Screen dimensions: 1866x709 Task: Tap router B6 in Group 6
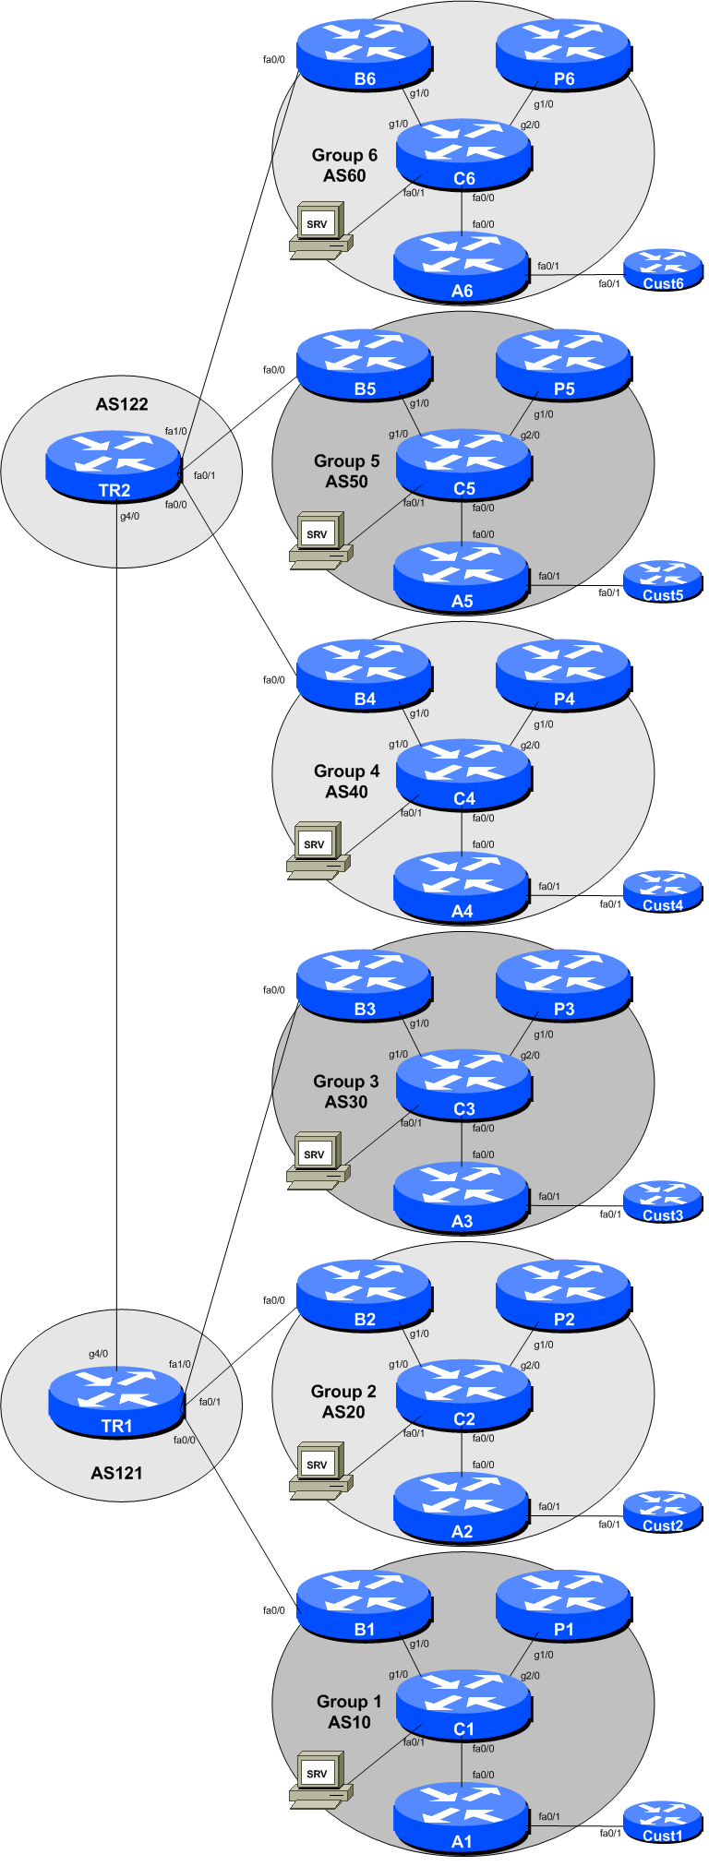[x=364, y=55]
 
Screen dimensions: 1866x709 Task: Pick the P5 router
[x=563, y=365]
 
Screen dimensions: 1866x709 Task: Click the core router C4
[x=463, y=775]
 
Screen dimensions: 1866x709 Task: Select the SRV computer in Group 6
[x=319, y=230]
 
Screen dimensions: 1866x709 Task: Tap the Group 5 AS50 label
[x=346, y=471]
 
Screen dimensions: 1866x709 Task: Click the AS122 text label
[x=122, y=404]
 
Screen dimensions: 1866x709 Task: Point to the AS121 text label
[x=116, y=1473]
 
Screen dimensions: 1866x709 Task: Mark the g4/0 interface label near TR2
[x=129, y=517]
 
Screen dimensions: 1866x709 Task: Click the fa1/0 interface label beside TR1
[x=179, y=1364]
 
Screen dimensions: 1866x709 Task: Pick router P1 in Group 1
[x=563, y=1606]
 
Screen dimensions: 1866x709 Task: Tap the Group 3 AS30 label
[x=346, y=1091]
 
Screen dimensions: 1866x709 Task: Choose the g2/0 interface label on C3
[x=530, y=1056]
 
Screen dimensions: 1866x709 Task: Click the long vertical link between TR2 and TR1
[x=116, y=923]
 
